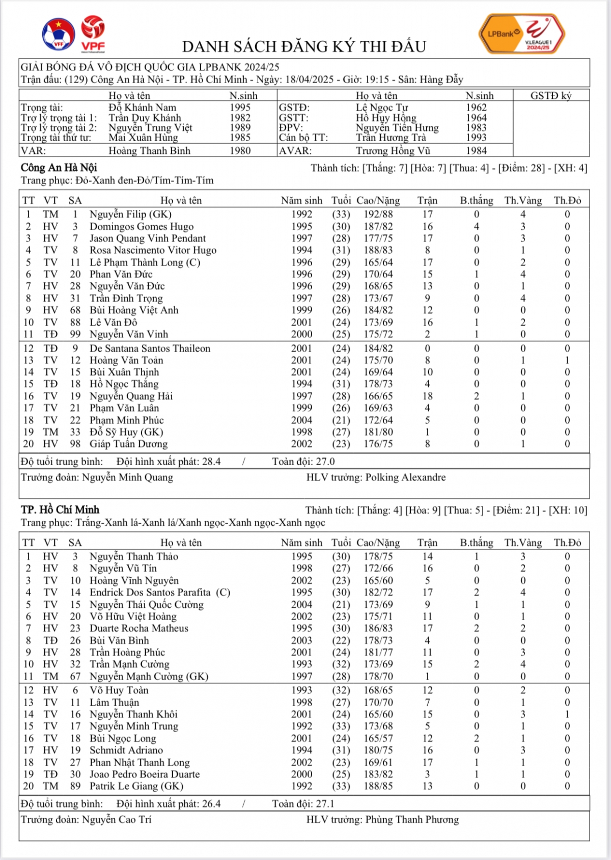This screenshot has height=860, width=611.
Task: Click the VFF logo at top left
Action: click(x=58, y=35)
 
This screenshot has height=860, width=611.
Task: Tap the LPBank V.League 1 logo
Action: click(x=522, y=35)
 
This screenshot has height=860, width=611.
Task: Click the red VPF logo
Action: click(x=93, y=34)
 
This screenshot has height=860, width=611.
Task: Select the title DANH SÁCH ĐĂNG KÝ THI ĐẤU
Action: click(x=304, y=47)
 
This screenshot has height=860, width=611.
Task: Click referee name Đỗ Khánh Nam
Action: click(x=142, y=107)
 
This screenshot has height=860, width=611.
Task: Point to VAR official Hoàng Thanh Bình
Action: click(x=149, y=151)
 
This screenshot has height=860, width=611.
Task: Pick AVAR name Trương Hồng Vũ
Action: click(x=393, y=151)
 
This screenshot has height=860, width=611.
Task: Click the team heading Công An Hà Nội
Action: click(x=59, y=168)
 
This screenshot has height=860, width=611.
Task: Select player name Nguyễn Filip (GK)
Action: click(x=130, y=214)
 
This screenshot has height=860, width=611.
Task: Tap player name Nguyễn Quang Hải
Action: click(x=131, y=396)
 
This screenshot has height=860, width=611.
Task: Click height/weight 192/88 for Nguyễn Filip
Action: click(x=378, y=214)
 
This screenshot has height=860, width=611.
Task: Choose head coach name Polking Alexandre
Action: click(x=405, y=477)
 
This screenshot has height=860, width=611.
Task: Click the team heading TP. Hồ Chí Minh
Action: click(x=60, y=510)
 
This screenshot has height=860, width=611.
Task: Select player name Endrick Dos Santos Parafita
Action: click(x=150, y=593)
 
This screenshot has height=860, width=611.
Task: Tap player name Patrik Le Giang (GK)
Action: click(x=136, y=786)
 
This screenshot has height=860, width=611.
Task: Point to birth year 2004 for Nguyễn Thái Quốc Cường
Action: click(x=301, y=605)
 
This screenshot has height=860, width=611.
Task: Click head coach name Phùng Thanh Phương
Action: click(x=412, y=820)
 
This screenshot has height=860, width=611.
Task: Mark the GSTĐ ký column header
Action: click(x=551, y=96)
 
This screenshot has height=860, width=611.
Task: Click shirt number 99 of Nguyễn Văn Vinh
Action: click(x=75, y=334)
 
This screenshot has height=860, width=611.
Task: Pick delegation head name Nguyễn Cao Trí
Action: click(x=117, y=820)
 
